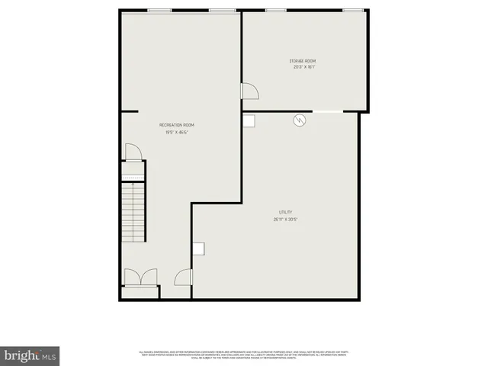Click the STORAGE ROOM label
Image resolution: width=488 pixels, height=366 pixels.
coord(302,61)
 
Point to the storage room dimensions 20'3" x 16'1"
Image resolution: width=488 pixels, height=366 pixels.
coord(303,67)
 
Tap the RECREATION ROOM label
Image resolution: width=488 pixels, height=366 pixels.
coord(177,125)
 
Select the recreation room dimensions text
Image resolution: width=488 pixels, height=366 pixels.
coord(176,132)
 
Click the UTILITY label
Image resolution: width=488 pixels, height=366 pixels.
coord(285,212)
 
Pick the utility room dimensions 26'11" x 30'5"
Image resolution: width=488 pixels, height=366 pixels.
coord(285,219)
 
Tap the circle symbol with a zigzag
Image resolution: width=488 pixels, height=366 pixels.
coord(300,120)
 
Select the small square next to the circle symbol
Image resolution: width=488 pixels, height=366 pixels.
coord(249,120)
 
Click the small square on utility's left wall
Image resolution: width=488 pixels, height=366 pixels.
coord(199,248)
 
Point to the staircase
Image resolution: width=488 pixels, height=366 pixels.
coord(133,213)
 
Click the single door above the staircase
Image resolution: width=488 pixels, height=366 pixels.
coord(133,152)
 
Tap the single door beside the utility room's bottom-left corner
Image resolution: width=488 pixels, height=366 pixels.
coord(183,278)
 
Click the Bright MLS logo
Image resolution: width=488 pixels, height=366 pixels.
coord(30,355)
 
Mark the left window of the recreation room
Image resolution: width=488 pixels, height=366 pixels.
coord(158,10)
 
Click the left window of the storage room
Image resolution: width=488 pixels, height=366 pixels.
coord(275,10)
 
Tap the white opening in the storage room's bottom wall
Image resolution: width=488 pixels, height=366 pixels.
coord(327,112)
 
